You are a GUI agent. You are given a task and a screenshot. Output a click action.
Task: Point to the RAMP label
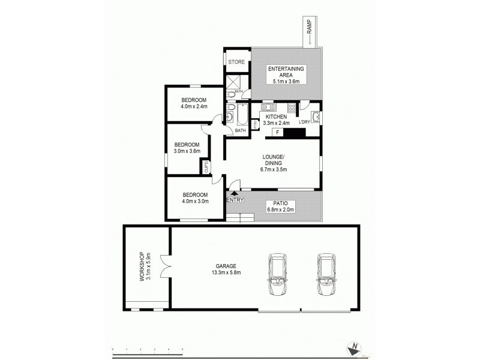[x=310, y=35]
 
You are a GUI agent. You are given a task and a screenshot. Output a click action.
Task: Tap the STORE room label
[x=236, y=60]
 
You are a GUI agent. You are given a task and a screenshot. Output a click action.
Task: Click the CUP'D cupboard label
[x=206, y=166]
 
